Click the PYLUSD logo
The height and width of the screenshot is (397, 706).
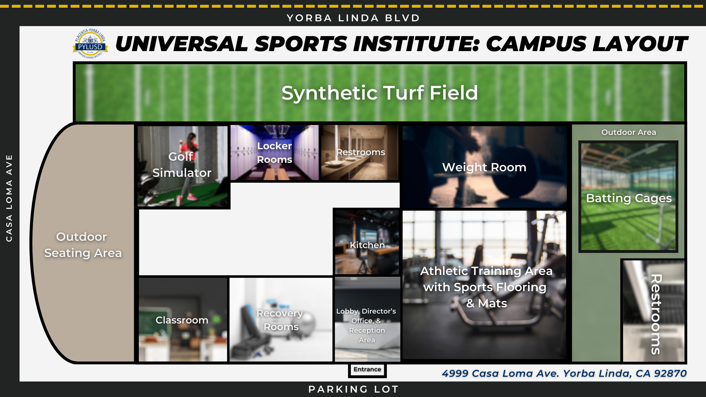tap(90, 44)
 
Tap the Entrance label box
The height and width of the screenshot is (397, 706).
tap(367, 369)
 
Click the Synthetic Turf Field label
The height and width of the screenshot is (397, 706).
tap(379, 93)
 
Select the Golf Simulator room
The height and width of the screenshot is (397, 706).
tap(183, 166)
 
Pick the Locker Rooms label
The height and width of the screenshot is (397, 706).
tap(274, 153)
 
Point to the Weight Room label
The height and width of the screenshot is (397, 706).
tap(484, 167)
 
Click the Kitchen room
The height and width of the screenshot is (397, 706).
tap(367, 243)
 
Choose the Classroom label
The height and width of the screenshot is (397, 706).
tap(182, 320)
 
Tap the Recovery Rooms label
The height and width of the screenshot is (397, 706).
tap(280, 320)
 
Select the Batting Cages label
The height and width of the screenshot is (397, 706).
tap(628, 198)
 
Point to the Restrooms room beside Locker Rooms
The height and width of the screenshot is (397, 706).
tap(360, 153)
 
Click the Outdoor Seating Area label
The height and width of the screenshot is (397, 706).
tap(82, 245)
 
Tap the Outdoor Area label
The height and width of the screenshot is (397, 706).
tap(628, 132)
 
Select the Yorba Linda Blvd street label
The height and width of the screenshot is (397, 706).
tap(353, 18)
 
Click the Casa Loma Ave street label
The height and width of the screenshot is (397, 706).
tap(9, 198)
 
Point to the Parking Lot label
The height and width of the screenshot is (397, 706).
tap(353, 389)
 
